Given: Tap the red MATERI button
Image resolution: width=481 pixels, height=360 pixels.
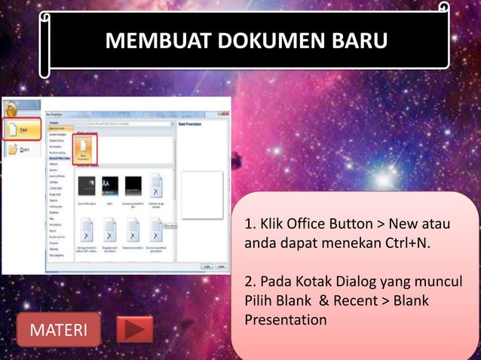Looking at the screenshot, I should [x=58, y=330].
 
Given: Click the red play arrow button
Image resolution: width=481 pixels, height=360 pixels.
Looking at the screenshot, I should [x=135, y=329].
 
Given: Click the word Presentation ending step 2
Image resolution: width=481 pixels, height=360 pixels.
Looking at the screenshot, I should [x=286, y=320].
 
